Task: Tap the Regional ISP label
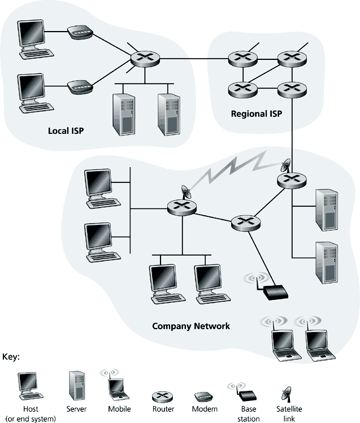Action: pyautogui.click(x=256, y=114)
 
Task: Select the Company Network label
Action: pyautogui.click(x=191, y=326)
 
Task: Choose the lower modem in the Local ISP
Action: pyautogui.click(x=80, y=87)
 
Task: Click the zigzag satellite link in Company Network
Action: pyautogui.click(x=232, y=168)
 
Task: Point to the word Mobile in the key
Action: pyautogui.click(x=119, y=409)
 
